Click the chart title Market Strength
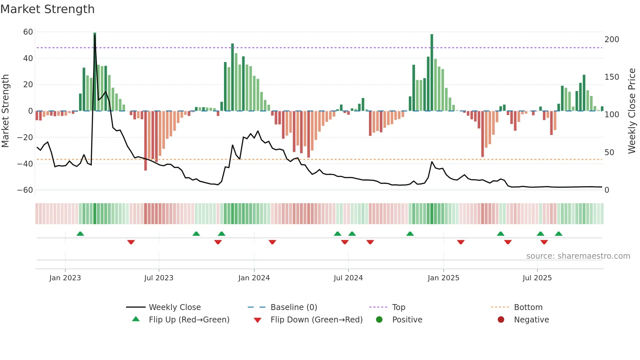[x=47, y=9]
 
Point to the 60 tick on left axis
[x=28, y=32]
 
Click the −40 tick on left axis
[x=25, y=164]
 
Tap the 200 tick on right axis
[x=612, y=40]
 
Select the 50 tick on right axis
[x=609, y=153]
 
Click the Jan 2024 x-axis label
[x=254, y=278]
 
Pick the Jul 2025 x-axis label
[x=537, y=278]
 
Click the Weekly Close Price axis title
[x=632, y=111]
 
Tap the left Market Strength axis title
[x=5, y=111]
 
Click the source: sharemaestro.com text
[x=578, y=256]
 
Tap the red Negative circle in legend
[x=501, y=320]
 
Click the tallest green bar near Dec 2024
[x=432, y=72]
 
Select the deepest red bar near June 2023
[x=146, y=140]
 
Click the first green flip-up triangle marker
[x=80, y=234]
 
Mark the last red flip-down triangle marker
[x=544, y=242]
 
